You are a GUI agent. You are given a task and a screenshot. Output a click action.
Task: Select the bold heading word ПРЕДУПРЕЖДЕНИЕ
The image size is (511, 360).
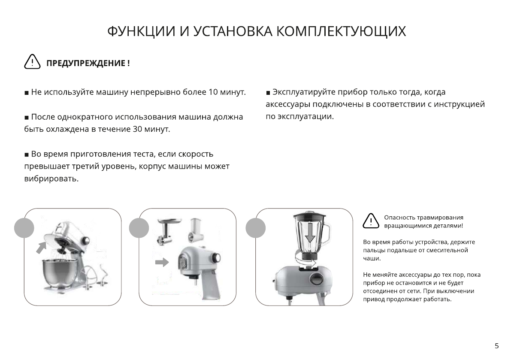click(86, 64)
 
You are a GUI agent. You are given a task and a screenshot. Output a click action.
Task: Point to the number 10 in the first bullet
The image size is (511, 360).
click(213, 92)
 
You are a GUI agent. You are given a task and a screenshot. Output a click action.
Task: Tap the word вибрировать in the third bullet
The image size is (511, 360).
click(51, 179)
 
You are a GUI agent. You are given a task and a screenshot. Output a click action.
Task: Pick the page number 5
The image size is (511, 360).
click(496, 346)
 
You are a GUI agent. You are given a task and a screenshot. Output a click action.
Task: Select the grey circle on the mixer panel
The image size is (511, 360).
click(24, 227)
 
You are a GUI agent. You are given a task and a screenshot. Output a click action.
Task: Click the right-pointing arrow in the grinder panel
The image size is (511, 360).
click(162, 262)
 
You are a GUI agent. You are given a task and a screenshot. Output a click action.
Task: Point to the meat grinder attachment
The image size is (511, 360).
click(165, 232)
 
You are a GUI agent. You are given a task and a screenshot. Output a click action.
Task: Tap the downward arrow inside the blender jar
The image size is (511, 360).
click(310, 234)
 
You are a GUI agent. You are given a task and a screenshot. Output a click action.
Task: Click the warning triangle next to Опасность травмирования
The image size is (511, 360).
click(371, 221)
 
